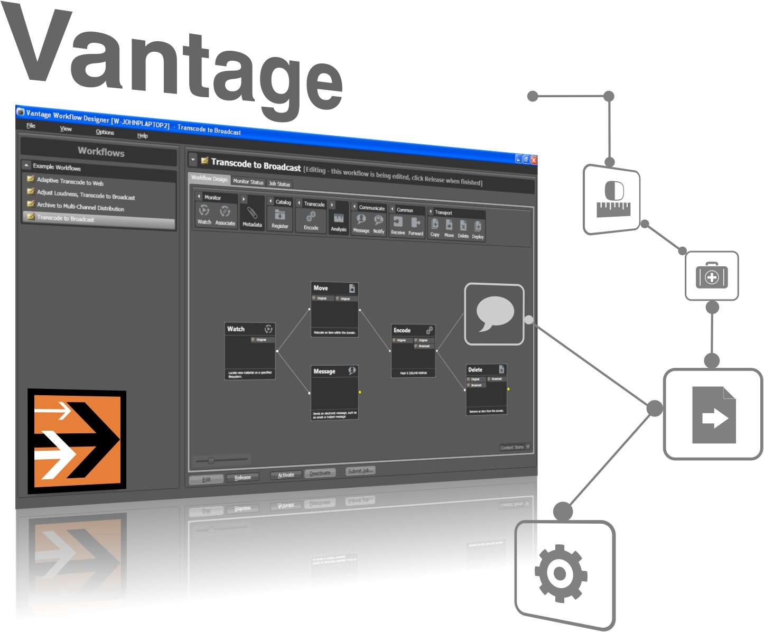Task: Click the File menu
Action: click(31, 126)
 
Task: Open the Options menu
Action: click(105, 132)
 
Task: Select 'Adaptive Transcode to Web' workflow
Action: click(70, 181)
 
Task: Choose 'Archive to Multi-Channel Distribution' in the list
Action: click(80, 207)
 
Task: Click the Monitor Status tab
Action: click(248, 182)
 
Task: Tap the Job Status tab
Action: click(279, 184)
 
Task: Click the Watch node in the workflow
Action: click(250, 351)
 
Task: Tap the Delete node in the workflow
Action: click(486, 389)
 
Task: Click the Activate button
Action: click(286, 475)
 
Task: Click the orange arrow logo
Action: click(77, 442)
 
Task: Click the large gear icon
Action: click(561, 574)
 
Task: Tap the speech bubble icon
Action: click(495, 314)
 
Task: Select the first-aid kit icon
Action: click(712, 276)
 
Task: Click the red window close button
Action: click(534, 160)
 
